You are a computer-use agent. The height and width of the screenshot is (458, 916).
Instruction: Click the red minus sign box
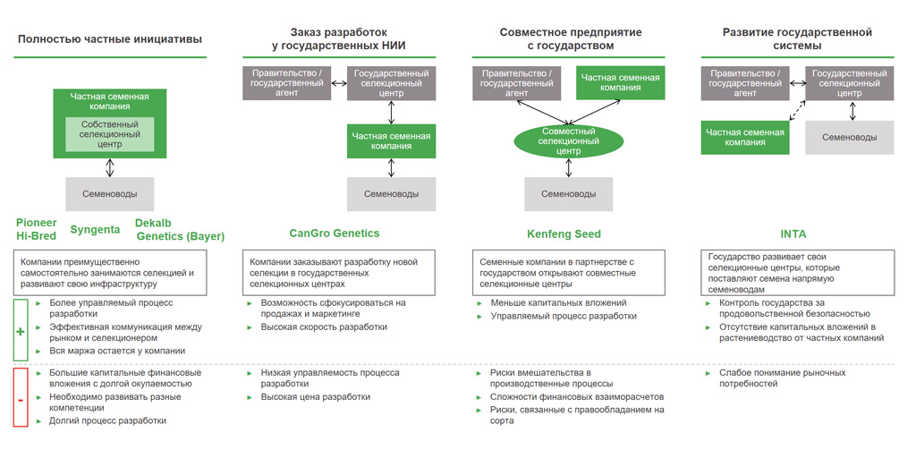(21, 397)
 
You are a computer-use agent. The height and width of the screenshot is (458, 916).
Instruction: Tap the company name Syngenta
(95, 229)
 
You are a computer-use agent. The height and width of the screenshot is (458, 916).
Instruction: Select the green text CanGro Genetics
(335, 233)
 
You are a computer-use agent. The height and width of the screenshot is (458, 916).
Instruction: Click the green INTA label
(793, 233)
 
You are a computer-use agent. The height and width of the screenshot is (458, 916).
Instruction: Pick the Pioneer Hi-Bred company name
(37, 229)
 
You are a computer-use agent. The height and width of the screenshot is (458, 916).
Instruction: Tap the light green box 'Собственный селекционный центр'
(109, 133)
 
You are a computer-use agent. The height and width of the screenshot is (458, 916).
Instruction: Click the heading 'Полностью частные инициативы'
(109, 39)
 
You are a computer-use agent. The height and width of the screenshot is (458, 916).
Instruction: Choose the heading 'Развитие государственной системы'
(797, 38)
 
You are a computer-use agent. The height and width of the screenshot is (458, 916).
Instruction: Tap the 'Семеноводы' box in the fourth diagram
(849, 138)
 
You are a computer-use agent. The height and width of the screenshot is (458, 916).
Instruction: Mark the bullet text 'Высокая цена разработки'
(315, 396)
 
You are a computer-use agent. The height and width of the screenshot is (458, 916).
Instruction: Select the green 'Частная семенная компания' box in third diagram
(620, 82)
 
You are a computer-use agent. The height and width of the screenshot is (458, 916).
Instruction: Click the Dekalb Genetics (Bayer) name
(179, 229)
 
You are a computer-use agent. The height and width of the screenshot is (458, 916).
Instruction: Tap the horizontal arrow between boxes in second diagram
(339, 83)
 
